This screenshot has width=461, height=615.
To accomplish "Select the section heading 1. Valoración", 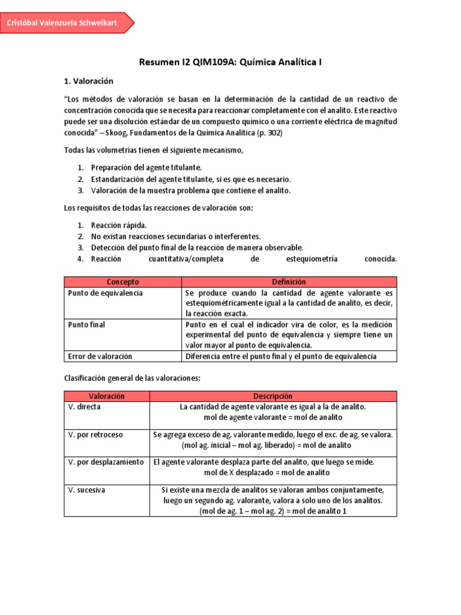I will click(88, 80).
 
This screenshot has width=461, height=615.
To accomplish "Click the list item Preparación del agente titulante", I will click(146, 168).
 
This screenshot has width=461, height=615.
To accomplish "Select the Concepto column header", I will click(122, 282).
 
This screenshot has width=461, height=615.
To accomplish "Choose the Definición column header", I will click(289, 282).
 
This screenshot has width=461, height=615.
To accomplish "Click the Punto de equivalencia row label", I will click(105, 293).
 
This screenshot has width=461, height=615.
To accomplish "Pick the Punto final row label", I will click(86, 325).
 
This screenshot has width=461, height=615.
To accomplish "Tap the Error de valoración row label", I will click(100, 356).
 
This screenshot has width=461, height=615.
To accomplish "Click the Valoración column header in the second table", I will click(106, 396).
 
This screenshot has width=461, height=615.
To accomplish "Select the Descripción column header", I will click(273, 396).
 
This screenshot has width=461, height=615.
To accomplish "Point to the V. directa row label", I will click(85, 407).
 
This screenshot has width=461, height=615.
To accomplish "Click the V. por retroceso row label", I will click(96, 435).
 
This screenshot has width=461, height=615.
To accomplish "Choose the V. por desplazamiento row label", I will click(106, 462).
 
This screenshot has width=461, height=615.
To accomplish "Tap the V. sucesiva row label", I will click(87, 490).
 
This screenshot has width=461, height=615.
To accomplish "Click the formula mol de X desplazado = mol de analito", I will click(273, 473).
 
